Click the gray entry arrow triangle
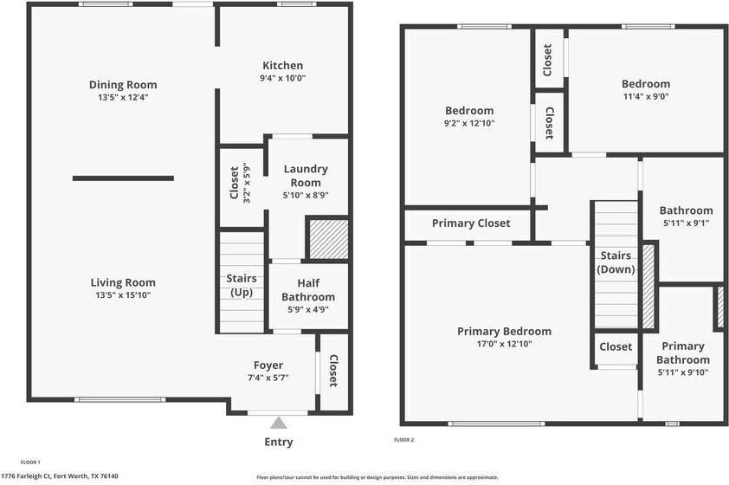pos(279,423)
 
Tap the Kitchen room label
pos(283,65)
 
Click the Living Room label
pos(123,282)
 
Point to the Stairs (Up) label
pos(242,285)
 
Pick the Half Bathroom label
pos(308,290)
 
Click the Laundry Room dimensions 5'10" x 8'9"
pos(306,197)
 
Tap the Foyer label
pos(268,365)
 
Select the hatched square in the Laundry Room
pos(328,239)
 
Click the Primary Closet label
pos(471,223)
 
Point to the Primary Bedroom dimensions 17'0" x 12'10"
pos(504,344)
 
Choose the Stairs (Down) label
pos(616,262)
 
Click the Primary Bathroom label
pos(682,353)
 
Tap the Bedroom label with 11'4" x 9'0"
pos(646,84)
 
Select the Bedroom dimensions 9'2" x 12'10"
pos(469,124)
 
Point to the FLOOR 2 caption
pos(404,440)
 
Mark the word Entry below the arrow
pos(279,442)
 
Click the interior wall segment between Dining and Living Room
pos(124,178)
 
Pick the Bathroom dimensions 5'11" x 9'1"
pos(686,223)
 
